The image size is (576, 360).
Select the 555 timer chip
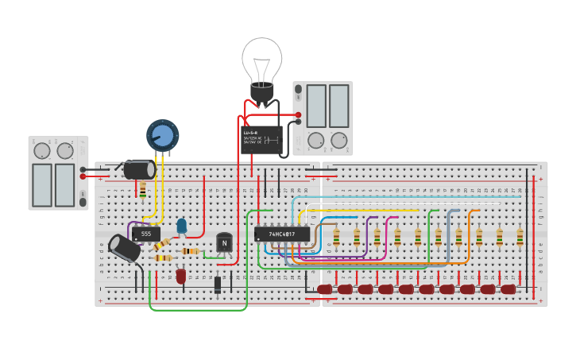(145, 234)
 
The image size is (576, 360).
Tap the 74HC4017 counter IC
(282, 234)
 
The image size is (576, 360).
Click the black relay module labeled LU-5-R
(261, 140)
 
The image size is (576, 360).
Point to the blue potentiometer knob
(162, 135)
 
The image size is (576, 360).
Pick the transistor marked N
(224, 242)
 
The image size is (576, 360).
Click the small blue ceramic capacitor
(182, 226)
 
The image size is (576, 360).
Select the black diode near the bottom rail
(218, 284)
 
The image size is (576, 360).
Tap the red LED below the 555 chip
(181, 276)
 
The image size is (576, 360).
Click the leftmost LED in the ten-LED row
(325, 289)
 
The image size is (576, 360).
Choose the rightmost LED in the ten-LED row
(508, 289)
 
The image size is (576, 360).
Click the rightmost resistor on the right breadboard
(520, 237)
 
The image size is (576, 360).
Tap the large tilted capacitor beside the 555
(125, 248)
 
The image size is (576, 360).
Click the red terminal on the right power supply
(299, 115)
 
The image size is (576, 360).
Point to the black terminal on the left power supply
(83, 169)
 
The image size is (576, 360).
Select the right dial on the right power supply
(339, 141)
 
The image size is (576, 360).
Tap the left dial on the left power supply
(42, 150)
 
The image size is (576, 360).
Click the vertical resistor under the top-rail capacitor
(143, 190)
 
